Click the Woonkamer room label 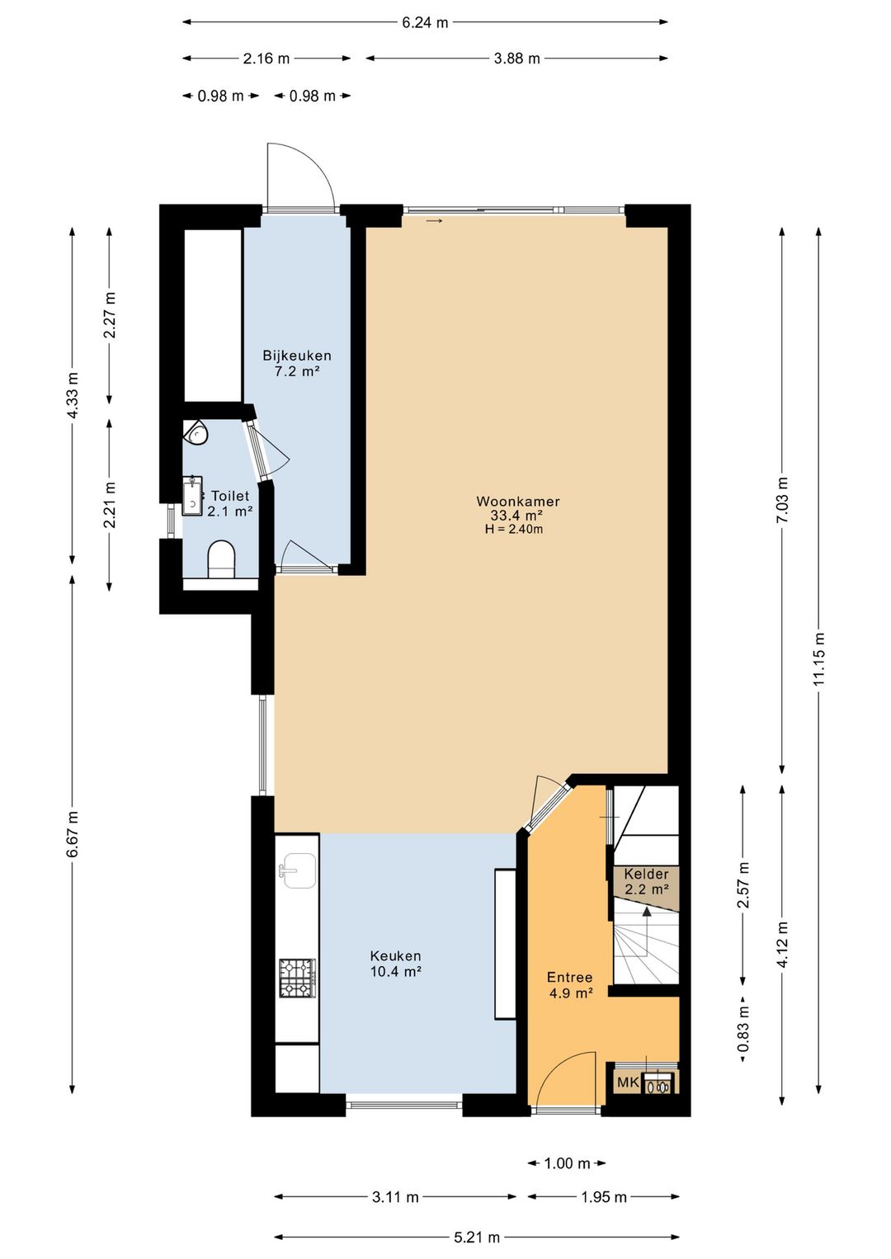(518, 501)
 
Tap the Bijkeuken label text (297, 356)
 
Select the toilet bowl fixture (221, 560)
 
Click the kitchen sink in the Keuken (299, 870)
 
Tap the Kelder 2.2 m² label (647, 882)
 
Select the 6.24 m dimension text (425, 22)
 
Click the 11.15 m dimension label (819, 658)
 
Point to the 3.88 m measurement (516, 59)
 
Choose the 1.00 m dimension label (567, 1163)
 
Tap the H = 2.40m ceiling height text (514, 529)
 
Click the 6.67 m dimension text (72, 833)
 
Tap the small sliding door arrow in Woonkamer (434, 221)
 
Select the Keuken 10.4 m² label (396, 964)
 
